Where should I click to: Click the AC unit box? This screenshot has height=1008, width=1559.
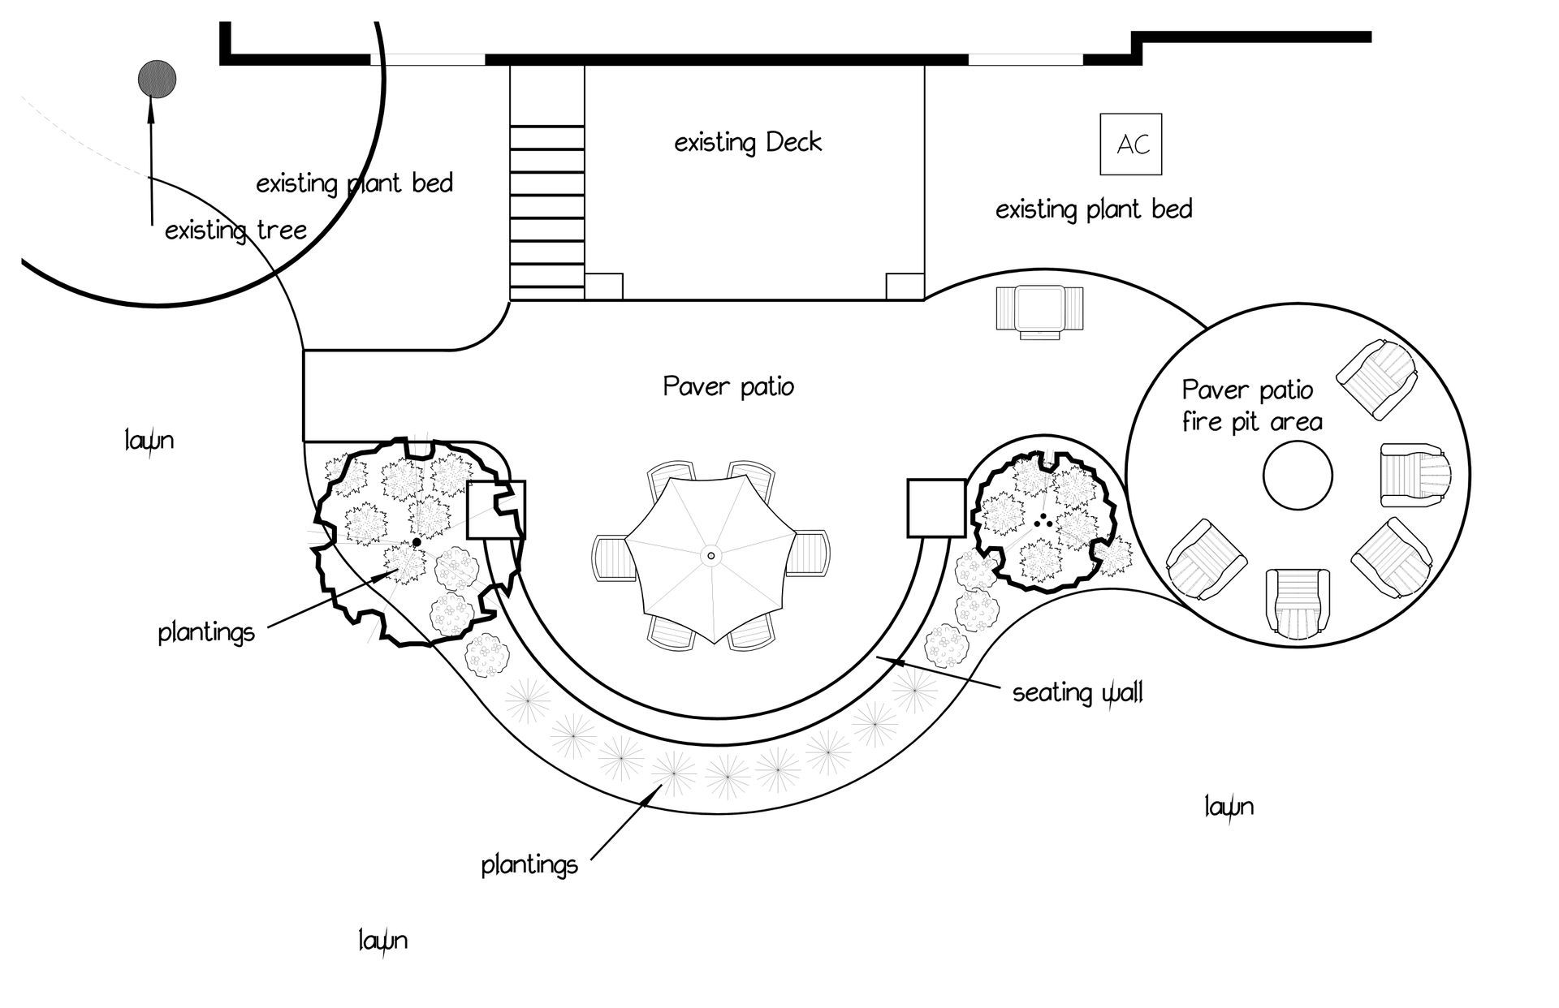(1130, 144)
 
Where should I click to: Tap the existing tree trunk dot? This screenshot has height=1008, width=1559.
(157, 80)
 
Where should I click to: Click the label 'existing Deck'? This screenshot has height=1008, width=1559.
(748, 144)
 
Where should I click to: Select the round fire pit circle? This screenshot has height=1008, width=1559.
(1298, 476)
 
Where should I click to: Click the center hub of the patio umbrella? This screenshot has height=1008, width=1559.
(711, 555)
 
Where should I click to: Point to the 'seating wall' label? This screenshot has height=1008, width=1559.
(1077, 692)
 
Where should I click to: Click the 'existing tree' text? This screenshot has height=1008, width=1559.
(235, 230)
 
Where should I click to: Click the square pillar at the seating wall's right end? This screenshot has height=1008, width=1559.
(935, 508)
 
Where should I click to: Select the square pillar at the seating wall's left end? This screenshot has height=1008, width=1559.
(496, 510)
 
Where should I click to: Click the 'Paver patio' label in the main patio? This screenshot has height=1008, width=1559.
(728, 386)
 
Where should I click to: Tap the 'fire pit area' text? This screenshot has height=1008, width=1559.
(1251, 422)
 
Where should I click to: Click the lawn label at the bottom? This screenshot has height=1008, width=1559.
(382, 941)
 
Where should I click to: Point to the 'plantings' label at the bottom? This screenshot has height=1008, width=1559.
(529, 864)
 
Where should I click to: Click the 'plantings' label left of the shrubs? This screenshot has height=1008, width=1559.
(206, 631)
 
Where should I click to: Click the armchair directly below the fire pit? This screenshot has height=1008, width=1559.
(1298, 601)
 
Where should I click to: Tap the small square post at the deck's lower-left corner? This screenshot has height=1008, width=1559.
(603, 286)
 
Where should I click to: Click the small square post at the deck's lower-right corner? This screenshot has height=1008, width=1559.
(904, 286)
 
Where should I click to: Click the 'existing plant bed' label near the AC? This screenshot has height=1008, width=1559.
(1094, 209)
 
